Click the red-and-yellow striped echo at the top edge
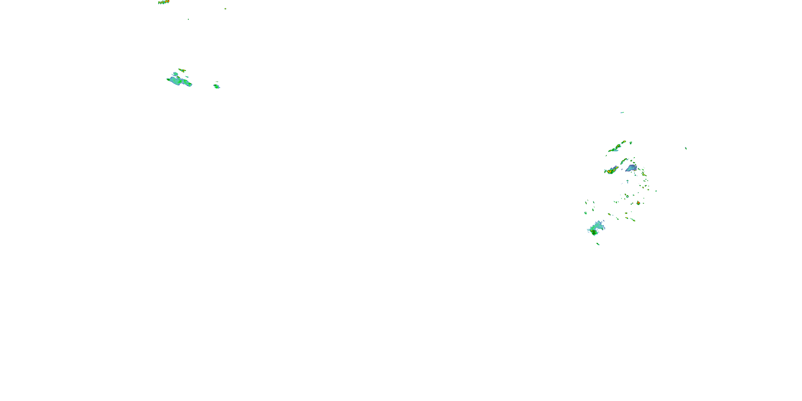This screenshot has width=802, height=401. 163,2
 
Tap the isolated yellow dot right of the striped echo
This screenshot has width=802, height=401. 225,9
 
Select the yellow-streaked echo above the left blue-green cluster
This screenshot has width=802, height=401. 182,70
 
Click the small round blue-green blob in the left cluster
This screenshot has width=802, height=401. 176,74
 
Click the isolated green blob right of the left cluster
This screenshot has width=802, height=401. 216,86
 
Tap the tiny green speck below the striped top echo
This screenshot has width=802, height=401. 188,19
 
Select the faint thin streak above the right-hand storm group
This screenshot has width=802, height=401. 622,112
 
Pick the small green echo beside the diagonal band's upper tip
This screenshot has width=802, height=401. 631,143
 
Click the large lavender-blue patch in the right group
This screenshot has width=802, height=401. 631,168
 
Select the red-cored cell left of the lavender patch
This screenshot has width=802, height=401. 611,170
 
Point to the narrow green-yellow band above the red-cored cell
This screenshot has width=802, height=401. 624,161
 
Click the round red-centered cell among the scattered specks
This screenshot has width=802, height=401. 638,203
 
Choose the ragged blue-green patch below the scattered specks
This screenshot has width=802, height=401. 596,229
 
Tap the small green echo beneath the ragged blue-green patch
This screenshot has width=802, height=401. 598,244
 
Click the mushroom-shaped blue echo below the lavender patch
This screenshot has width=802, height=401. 628,181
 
